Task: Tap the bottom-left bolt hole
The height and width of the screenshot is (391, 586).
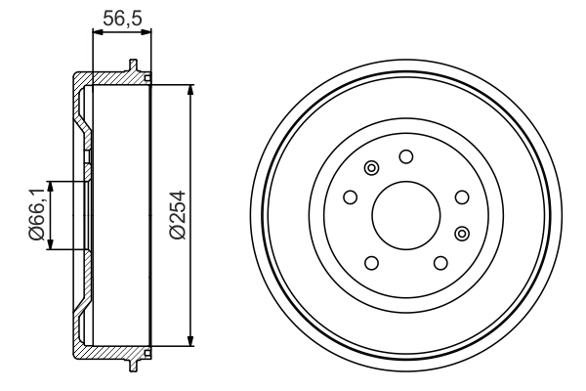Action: (371, 263)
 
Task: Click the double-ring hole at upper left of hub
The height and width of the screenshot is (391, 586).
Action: (370, 169)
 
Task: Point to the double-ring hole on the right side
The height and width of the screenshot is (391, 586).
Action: (462, 232)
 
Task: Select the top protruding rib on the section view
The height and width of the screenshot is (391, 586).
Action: (131, 66)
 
